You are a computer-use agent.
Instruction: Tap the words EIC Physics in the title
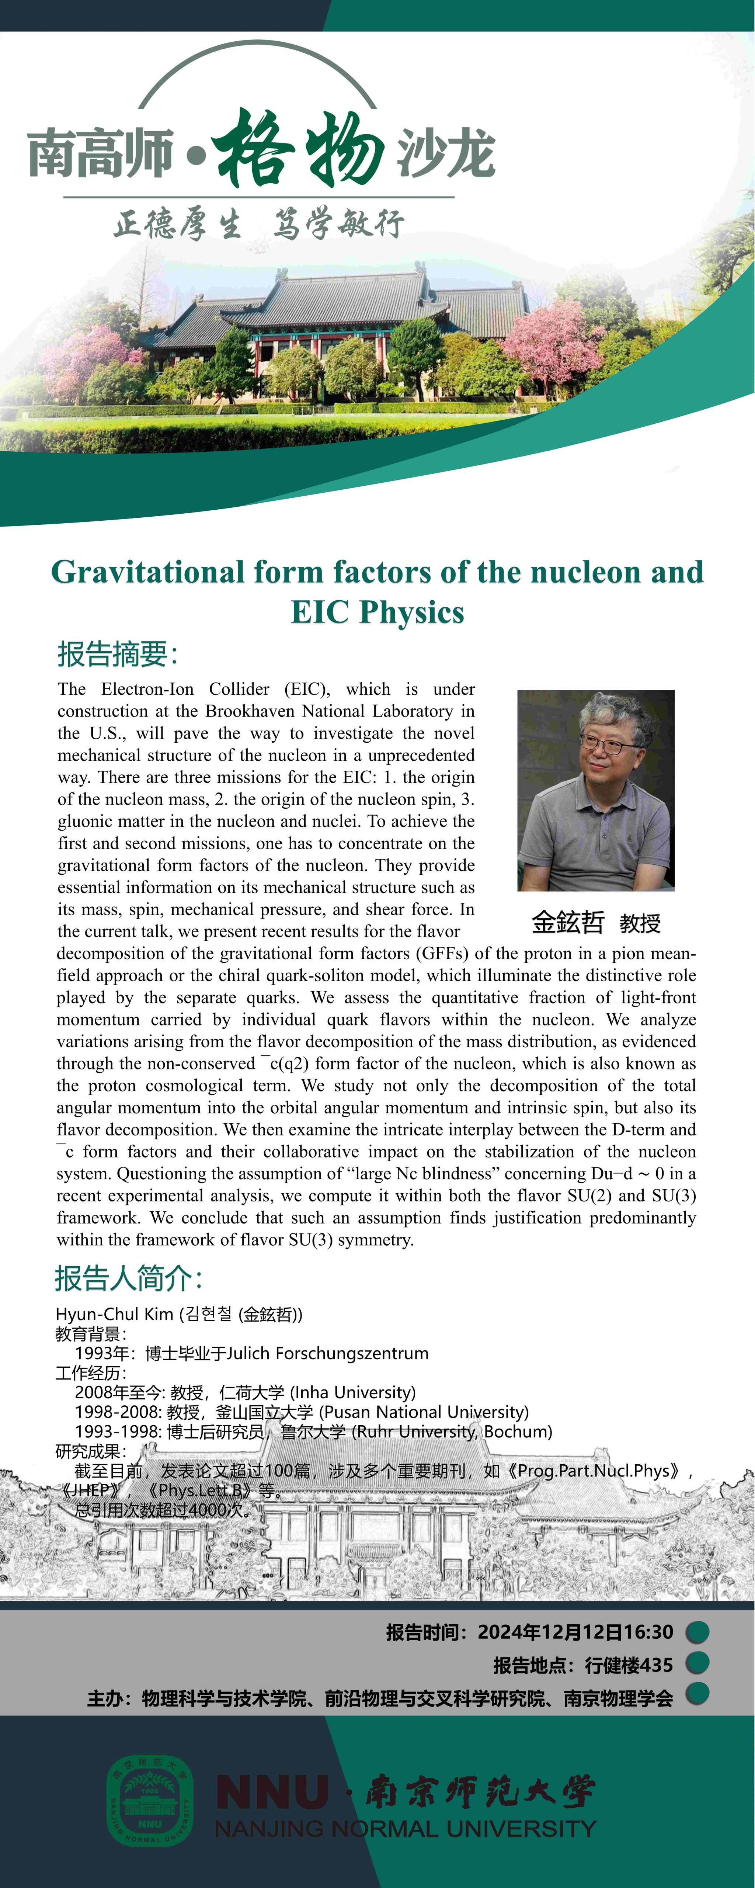point(377,612)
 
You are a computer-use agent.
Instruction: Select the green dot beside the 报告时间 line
point(697,1632)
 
